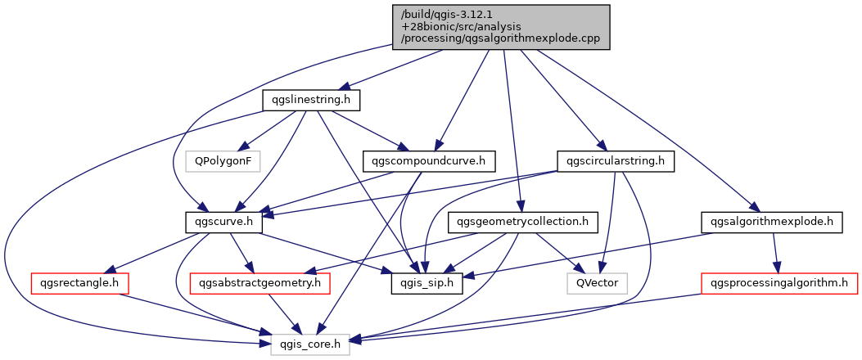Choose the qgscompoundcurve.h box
[429, 161]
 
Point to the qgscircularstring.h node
[615, 161]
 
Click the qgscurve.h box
[223, 222]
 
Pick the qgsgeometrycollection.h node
[523, 222]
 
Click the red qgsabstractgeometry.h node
[259, 283]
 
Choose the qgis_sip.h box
[426, 283]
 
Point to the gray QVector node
[597, 283]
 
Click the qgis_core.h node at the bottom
[310, 344]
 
